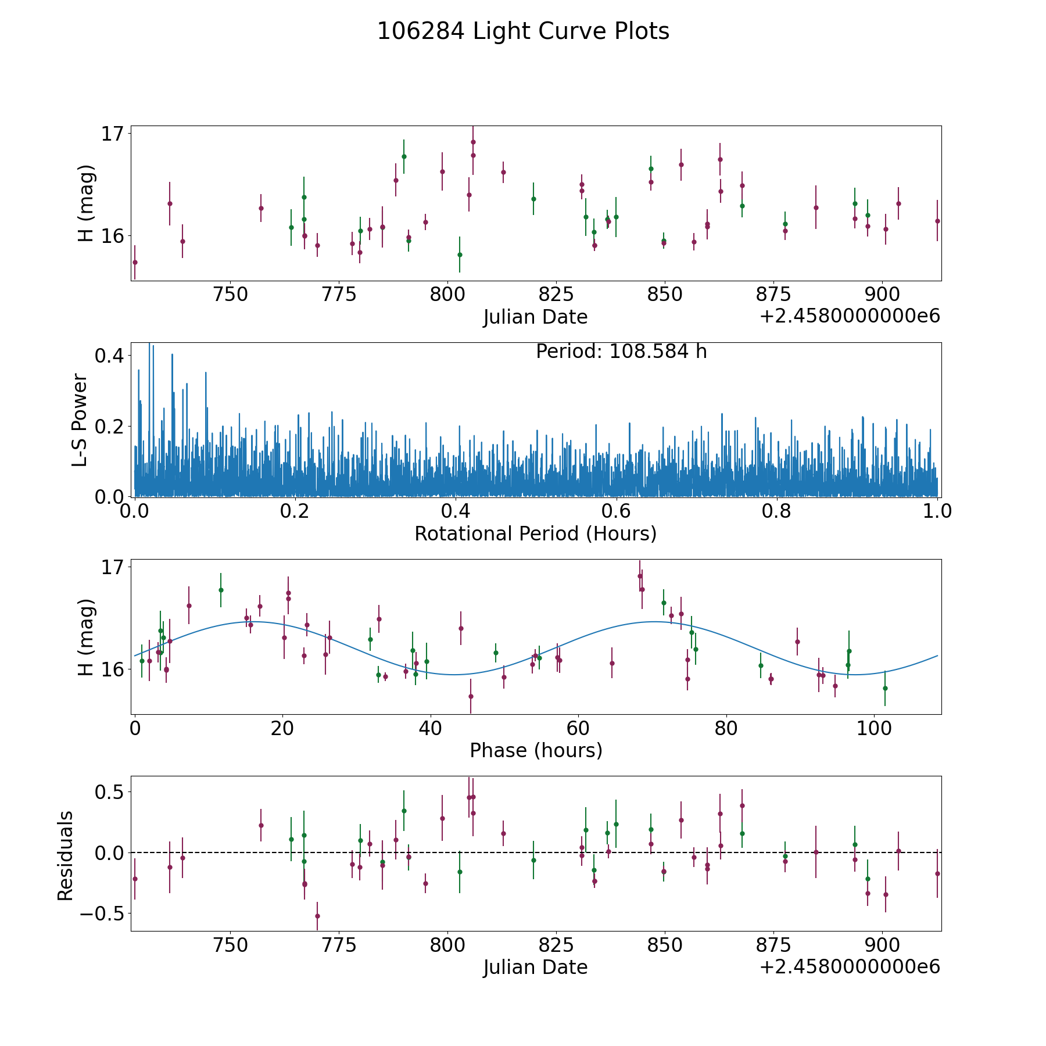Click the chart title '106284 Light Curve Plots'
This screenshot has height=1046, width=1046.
(x=523, y=31)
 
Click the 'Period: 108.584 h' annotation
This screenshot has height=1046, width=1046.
(x=621, y=352)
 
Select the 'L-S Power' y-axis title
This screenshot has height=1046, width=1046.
(x=80, y=420)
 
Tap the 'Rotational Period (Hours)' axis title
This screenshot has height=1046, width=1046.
(x=535, y=533)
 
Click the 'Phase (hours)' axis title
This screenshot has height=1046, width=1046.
(x=535, y=750)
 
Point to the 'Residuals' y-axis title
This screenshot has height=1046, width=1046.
(x=65, y=855)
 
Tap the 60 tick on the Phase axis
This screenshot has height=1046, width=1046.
(x=578, y=729)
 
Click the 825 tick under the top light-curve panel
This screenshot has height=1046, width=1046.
(x=556, y=295)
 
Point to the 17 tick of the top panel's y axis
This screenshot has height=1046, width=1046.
(x=113, y=134)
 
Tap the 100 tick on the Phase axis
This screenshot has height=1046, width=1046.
(x=873, y=729)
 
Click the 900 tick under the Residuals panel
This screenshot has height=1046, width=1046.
(x=882, y=945)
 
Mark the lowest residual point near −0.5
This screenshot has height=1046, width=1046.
(x=317, y=916)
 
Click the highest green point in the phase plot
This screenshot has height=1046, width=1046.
(x=221, y=590)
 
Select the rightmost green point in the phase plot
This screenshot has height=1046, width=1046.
(x=885, y=688)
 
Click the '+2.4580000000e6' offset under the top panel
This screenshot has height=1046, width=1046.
(x=850, y=316)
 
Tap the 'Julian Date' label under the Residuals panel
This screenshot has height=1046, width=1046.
(x=535, y=968)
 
